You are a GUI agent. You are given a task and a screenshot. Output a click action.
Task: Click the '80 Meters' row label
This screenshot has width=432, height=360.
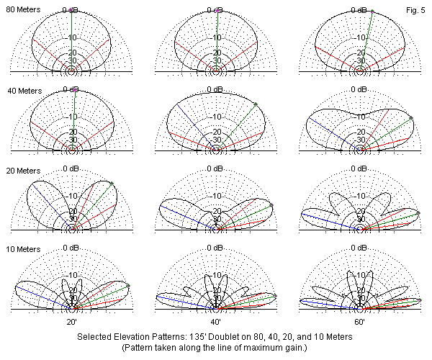[x=22, y=9]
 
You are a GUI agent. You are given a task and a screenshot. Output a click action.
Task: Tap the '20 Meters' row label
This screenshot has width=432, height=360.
[x=22, y=171]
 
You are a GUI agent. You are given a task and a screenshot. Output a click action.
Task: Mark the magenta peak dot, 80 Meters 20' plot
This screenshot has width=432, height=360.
[x=72, y=11]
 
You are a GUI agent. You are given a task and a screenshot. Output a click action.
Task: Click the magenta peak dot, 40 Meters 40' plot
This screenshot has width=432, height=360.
[x=255, y=105]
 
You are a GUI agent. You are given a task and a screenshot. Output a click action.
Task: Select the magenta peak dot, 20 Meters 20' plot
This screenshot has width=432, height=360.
[x=111, y=183]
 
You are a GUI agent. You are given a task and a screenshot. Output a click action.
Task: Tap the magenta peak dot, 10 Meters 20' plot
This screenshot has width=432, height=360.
[x=127, y=286]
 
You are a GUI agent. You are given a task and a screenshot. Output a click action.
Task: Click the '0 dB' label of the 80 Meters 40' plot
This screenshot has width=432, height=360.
[x=215, y=9]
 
